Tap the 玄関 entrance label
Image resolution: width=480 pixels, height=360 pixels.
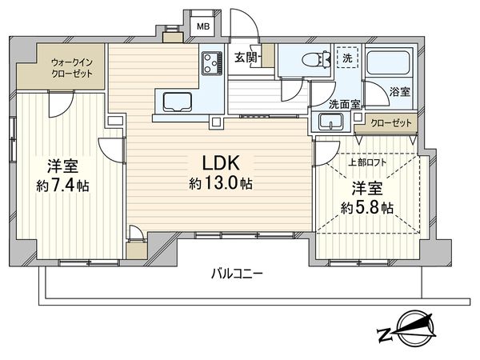(x=246, y=58)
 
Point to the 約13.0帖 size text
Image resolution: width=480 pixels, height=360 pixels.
(x=221, y=184)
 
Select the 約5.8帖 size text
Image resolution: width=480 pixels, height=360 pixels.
(x=365, y=208)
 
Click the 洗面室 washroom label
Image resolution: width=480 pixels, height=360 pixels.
(x=342, y=103)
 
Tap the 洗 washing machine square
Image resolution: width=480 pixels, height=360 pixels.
(x=346, y=58)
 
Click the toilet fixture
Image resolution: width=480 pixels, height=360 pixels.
(x=315, y=58)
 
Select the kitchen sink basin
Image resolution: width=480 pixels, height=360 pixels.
(x=176, y=102)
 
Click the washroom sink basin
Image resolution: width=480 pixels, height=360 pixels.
(x=329, y=122)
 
